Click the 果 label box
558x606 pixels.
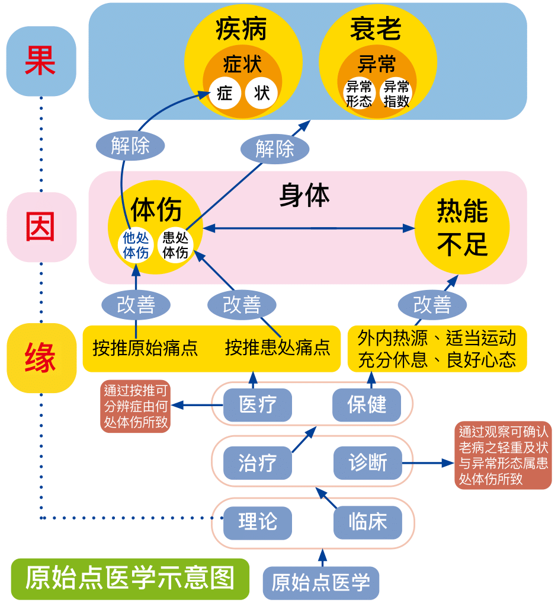(x=41, y=61)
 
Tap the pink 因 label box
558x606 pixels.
(x=41, y=227)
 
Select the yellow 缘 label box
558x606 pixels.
(x=41, y=358)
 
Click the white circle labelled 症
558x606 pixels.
(x=225, y=93)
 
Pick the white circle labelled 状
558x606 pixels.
(x=261, y=93)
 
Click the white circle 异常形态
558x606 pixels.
(x=360, y=94)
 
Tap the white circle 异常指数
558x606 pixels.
(x=396, y=94)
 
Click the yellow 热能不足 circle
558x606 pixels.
(x=462, y=227)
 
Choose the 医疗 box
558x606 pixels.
(x=258, y=406)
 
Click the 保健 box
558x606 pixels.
(x=367, y=406)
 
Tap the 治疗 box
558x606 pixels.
(x=258, y=463)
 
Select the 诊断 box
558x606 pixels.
(x=367, y=463)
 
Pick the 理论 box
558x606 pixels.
(x=258, y=522)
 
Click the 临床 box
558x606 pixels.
(x=367, y=522)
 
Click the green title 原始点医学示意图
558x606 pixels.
(x=130, y=579)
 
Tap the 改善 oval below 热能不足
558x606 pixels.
(x=432, y=305)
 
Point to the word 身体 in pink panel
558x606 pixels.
(x=304, y=195)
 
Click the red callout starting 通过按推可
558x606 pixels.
(x=136, y=406)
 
